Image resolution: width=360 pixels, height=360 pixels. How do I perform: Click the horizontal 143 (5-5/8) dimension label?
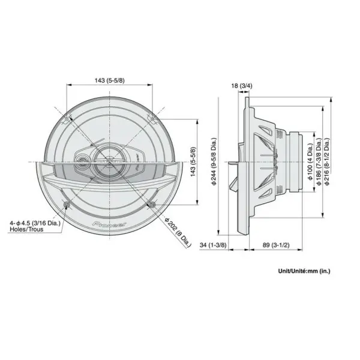click(110, 80)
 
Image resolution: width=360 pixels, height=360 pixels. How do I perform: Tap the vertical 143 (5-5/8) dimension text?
click(194, 161)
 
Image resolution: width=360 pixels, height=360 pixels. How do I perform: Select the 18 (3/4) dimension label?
click(242, 86)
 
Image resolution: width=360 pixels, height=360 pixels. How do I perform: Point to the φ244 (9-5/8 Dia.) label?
click(214, 161)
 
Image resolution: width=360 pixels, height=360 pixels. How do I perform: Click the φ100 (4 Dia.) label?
click(310, 162)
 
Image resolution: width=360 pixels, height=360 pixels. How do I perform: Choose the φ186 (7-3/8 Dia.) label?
click(319, 161)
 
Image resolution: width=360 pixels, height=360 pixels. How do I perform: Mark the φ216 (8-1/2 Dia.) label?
click(326, 161)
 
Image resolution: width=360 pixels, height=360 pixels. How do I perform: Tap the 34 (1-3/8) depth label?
click(213, 245)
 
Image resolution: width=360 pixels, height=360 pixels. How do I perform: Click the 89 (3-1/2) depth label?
click(276, 245)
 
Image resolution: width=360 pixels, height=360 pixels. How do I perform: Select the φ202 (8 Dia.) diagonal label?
click(178, 232)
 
